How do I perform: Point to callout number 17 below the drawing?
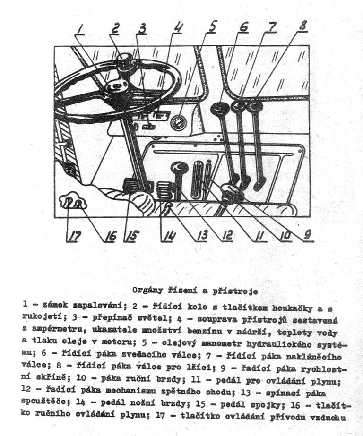coord(71,235)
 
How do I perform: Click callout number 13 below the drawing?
coord(202,235)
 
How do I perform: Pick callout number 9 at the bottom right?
coord(308,233)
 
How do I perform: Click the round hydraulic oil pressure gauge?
coord(179,123)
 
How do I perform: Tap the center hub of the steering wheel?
coord(116,87)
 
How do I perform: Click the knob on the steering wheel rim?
coord(126,61)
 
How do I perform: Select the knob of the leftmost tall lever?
coord(220,110)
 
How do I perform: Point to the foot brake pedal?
coord(166,190)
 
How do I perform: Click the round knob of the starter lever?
coord(180,167)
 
